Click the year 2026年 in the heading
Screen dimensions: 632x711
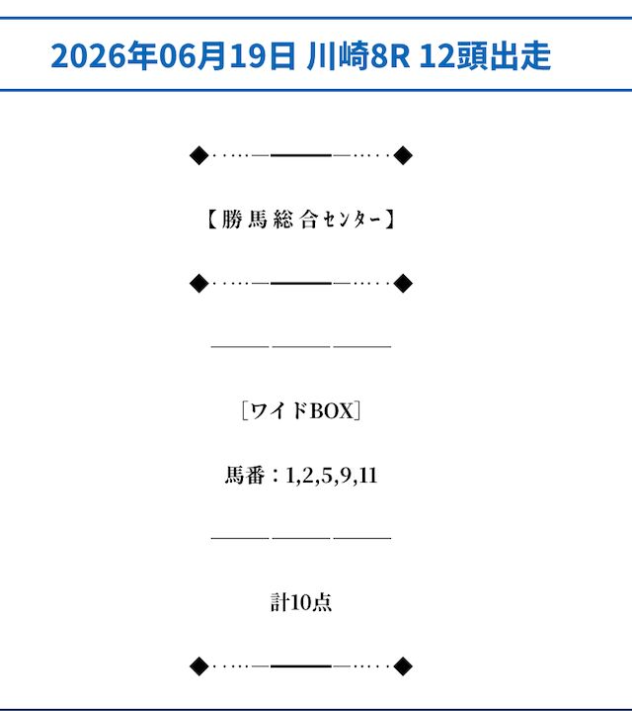click(x=104, y=55)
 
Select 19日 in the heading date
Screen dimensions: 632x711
click(x=262, y=55)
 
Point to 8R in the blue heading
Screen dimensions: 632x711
click(x=390, y=55)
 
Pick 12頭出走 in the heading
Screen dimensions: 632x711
click(x=485, y=55)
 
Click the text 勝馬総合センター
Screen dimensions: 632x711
click(x=301, y=220)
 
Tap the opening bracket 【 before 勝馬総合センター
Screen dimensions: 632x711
click(x=212, y=220)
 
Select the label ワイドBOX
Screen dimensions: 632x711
click(x=301, y=410)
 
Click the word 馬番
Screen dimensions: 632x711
click(x=245, y=476)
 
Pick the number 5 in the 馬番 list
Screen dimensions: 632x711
click(x=326, y=476)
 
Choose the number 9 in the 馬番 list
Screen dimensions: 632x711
click(x=346, y=476)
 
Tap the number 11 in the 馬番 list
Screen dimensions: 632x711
click(x=368, y=476)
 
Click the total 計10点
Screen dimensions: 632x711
click(x=301, y=602)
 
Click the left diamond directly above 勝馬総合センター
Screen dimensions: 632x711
click(x=199, y=155)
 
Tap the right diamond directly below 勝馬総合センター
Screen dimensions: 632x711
click(x=403, y=284)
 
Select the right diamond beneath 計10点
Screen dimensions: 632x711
click(x=403, y=667)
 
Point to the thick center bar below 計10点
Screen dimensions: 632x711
click(x=301, y=667)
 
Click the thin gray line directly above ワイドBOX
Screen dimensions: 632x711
click(x=301, y=346)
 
